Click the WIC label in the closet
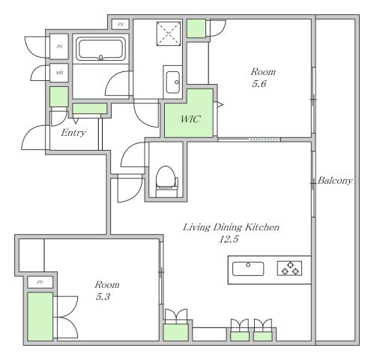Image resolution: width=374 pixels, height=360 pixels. (190, 119)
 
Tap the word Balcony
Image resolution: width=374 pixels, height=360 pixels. (335, 181)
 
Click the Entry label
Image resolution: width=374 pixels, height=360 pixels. (73, 133)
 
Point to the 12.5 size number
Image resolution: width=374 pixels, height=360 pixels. (229, 239)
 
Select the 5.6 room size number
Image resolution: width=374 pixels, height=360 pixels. (259, 84)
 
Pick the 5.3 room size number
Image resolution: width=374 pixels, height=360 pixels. (103, 297)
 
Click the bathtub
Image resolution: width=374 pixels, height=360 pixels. (100, 49)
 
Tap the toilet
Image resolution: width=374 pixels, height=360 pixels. (167, 181)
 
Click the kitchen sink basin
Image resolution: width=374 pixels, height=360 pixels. (248, 268)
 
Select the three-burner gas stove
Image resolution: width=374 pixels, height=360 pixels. (289, 268)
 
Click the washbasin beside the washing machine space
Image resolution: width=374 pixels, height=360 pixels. (173, 82)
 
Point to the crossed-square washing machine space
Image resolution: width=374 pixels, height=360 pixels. (169, 34)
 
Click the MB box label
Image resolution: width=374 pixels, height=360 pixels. (59, 73)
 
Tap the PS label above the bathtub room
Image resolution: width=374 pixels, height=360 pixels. (121, 25)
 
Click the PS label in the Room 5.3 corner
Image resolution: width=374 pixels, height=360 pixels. (40, 283)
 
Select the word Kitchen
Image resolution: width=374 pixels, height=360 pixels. (262, 227)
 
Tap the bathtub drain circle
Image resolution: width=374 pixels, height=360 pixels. (100, 57)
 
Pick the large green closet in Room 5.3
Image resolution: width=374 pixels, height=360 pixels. (40, 316)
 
